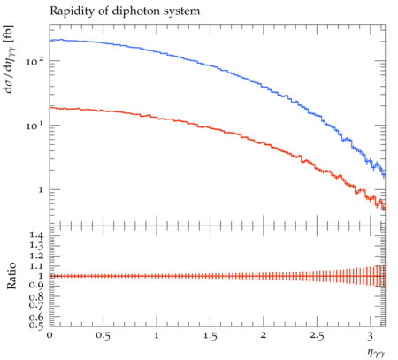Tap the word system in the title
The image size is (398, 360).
coord(185,11)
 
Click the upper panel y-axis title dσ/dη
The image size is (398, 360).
coord(9,59)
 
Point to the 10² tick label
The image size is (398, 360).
coord(34,61)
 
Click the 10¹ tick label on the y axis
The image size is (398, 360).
coord(34,126)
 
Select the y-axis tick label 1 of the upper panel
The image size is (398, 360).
coord(41,190)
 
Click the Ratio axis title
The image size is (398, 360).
coord(11,276)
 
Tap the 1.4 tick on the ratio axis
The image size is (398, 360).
coord(36,235)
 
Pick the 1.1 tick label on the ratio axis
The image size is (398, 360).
coord(36,266)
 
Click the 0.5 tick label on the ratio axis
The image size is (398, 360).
coord(36,326)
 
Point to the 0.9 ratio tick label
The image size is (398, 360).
coord(36,286)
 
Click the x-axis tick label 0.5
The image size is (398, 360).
coord(103,336)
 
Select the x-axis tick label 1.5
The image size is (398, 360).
coord(210,336)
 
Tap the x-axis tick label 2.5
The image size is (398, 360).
coord(317,336)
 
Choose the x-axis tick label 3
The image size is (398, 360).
coord(370,336)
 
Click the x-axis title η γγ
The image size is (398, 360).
coord(376,353)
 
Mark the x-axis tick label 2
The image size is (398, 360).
coord(264,335)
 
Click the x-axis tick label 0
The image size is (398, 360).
coord(50,335)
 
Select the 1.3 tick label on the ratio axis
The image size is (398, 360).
coord(36,245)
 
